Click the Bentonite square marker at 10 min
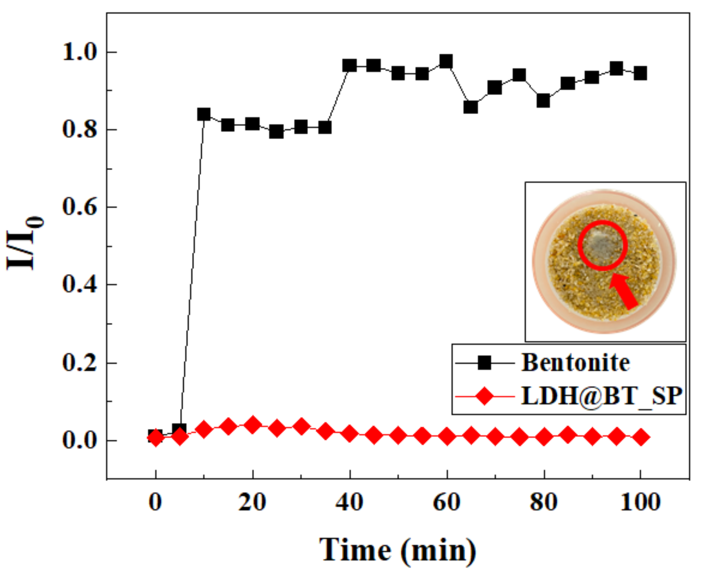click(x=204, y=115)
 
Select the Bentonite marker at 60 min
click(x=446, y=62)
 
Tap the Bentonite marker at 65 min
click(x=470, y=107)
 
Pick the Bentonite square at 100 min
click(x=640, y=73)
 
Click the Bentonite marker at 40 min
click(x=349, y=66)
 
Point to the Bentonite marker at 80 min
click(x=543, y=101)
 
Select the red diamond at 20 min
click(x=252, y=425)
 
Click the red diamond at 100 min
click(x=640, y=437)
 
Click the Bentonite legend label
click(x=575, y=363)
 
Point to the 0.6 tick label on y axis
click(x=79, y=207)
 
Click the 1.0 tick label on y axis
click(x=79, y=53)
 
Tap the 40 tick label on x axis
click(x=349, y=503)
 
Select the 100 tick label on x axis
click(x=640, y=503)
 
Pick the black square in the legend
click(x=484, y=363)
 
